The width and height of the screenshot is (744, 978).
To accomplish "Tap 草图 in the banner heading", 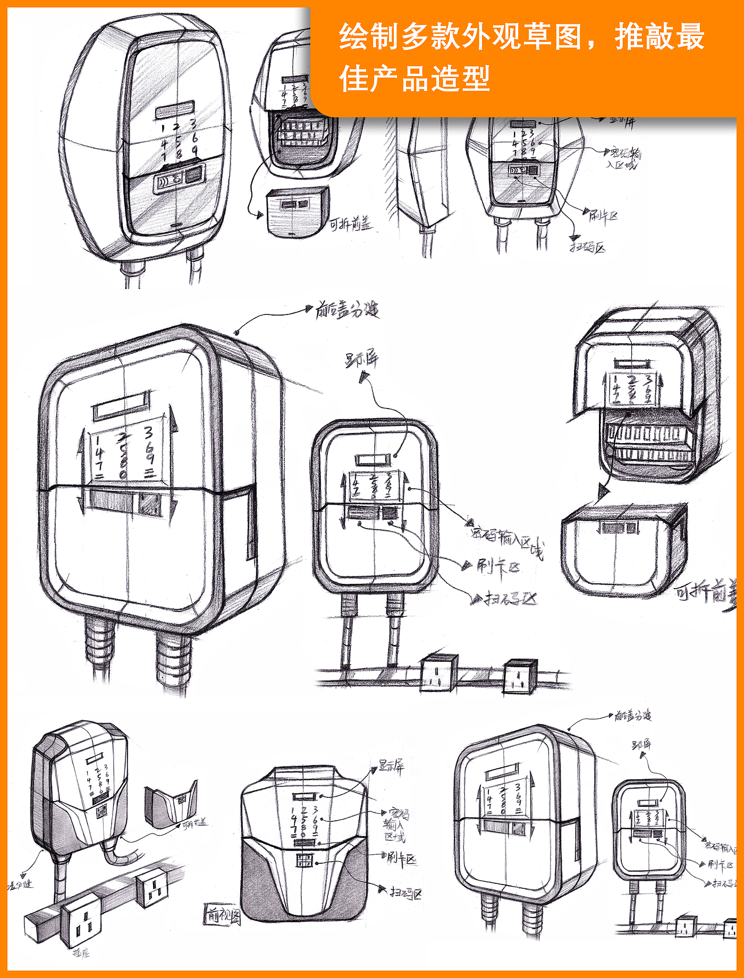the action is coord(553,37).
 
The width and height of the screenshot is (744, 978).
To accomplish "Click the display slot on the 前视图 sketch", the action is coord(303,797).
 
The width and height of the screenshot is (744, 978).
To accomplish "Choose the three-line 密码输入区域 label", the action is coord(396,825).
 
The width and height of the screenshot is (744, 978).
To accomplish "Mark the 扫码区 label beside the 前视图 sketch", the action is coord(405,893).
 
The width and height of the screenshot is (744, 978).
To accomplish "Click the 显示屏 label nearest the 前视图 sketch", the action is coord(392,766).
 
